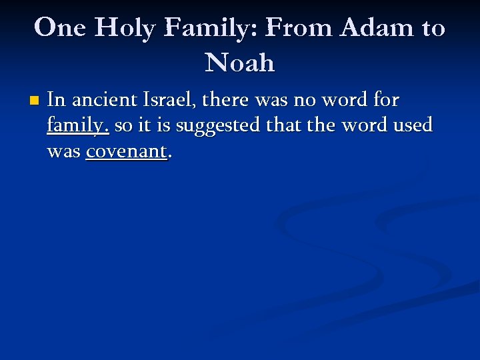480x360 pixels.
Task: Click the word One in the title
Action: tap(57, 28)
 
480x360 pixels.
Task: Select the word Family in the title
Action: tap(211, 28)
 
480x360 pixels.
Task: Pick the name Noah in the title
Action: tap(240, 63)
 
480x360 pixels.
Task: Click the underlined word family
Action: tap(78, 126)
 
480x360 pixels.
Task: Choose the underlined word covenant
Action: tap(126, 151)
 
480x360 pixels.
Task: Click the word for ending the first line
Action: tap(386, 101)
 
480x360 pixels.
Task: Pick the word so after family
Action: tap(124, 125)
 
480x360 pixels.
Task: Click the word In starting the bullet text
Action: tap(56, 101)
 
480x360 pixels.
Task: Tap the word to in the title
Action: tap(433, 28)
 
